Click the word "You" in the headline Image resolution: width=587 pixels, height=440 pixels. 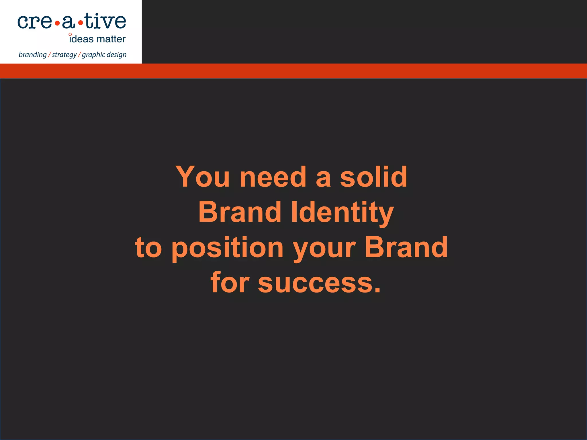202,177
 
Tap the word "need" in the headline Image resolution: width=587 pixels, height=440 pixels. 273,177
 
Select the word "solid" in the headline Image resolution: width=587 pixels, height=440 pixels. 373,177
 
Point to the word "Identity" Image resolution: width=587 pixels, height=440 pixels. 342,213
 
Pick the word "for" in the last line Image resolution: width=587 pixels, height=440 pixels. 230,283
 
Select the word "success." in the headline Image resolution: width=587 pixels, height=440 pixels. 319,283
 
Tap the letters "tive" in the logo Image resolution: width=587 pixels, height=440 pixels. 105,21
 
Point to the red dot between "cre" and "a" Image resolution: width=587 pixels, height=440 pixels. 57,23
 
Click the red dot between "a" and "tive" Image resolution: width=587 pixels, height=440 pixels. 81,23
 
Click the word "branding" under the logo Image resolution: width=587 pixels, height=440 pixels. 32,55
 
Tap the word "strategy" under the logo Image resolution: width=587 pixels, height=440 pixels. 64,55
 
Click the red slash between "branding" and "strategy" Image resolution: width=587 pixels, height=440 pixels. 50,54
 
